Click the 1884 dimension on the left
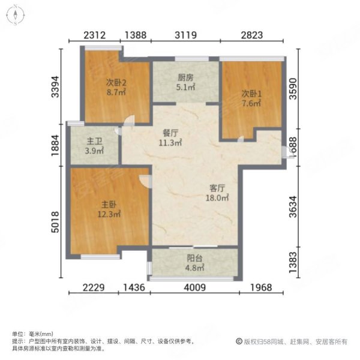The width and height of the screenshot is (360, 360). (55, 145)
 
